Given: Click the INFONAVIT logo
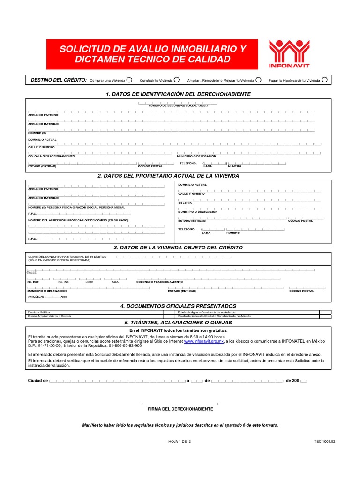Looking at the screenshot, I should [289, 54].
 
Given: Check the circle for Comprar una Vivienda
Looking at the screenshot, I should [129, 80].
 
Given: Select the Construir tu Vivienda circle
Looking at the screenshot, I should [177, 80].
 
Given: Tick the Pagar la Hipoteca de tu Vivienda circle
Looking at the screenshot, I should [324, 80].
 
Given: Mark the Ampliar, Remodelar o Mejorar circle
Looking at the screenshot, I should [258, 80].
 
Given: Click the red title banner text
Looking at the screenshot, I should [152, 54].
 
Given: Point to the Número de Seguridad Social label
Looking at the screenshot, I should [178, 106].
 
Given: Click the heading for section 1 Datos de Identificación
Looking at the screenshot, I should [178, 94].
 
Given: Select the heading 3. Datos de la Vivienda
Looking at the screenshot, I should [178, 247].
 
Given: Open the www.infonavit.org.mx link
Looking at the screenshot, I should [204, 342].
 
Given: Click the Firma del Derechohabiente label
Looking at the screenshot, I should [180, 409].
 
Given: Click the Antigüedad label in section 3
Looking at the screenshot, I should [36, 297].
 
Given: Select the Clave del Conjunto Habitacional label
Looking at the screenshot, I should [67, 257].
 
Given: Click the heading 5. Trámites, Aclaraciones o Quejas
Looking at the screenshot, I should [178, 323].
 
